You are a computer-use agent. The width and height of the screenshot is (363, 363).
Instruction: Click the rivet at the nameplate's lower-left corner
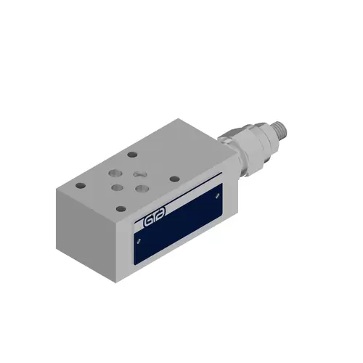coord(139,240)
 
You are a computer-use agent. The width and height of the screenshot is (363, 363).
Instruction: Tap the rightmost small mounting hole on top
coord(174,177)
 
